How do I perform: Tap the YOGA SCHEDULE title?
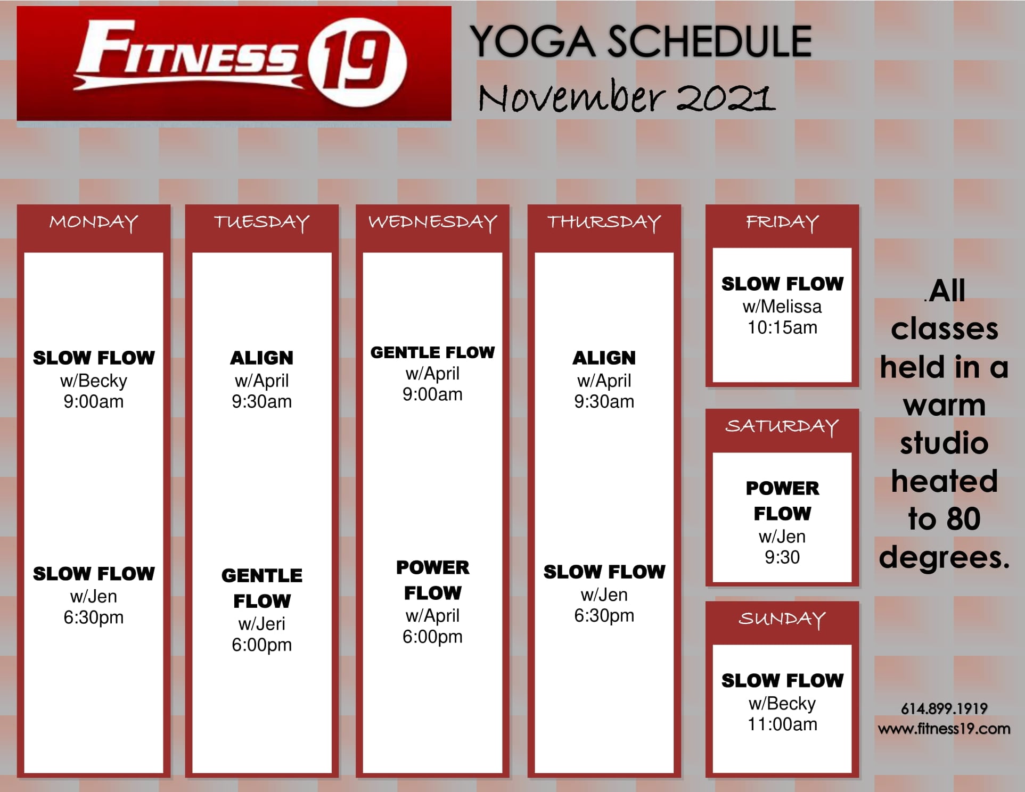(641, 42)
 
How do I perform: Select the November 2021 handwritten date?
(626, 96)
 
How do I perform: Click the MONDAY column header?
(94, 222)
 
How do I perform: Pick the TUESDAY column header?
(261, 222)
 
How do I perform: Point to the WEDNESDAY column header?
(432, 222)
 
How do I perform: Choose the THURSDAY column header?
(604, 222)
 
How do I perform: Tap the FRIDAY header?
(782, 222)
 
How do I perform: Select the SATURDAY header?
(782, 426)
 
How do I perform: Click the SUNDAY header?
(782, 618)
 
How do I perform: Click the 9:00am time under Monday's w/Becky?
(94, 401)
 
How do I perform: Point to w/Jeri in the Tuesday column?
(261, 623)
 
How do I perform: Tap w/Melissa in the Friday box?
(782, 307)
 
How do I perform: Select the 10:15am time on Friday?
(782, 327)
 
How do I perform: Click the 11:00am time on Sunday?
(782, 724)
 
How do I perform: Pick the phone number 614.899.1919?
(944, 708)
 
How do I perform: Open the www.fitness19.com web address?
(944, 729)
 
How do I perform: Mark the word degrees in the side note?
(944, 558)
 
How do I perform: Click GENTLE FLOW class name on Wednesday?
(432, 352)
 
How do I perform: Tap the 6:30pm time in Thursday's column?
(604, 615)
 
